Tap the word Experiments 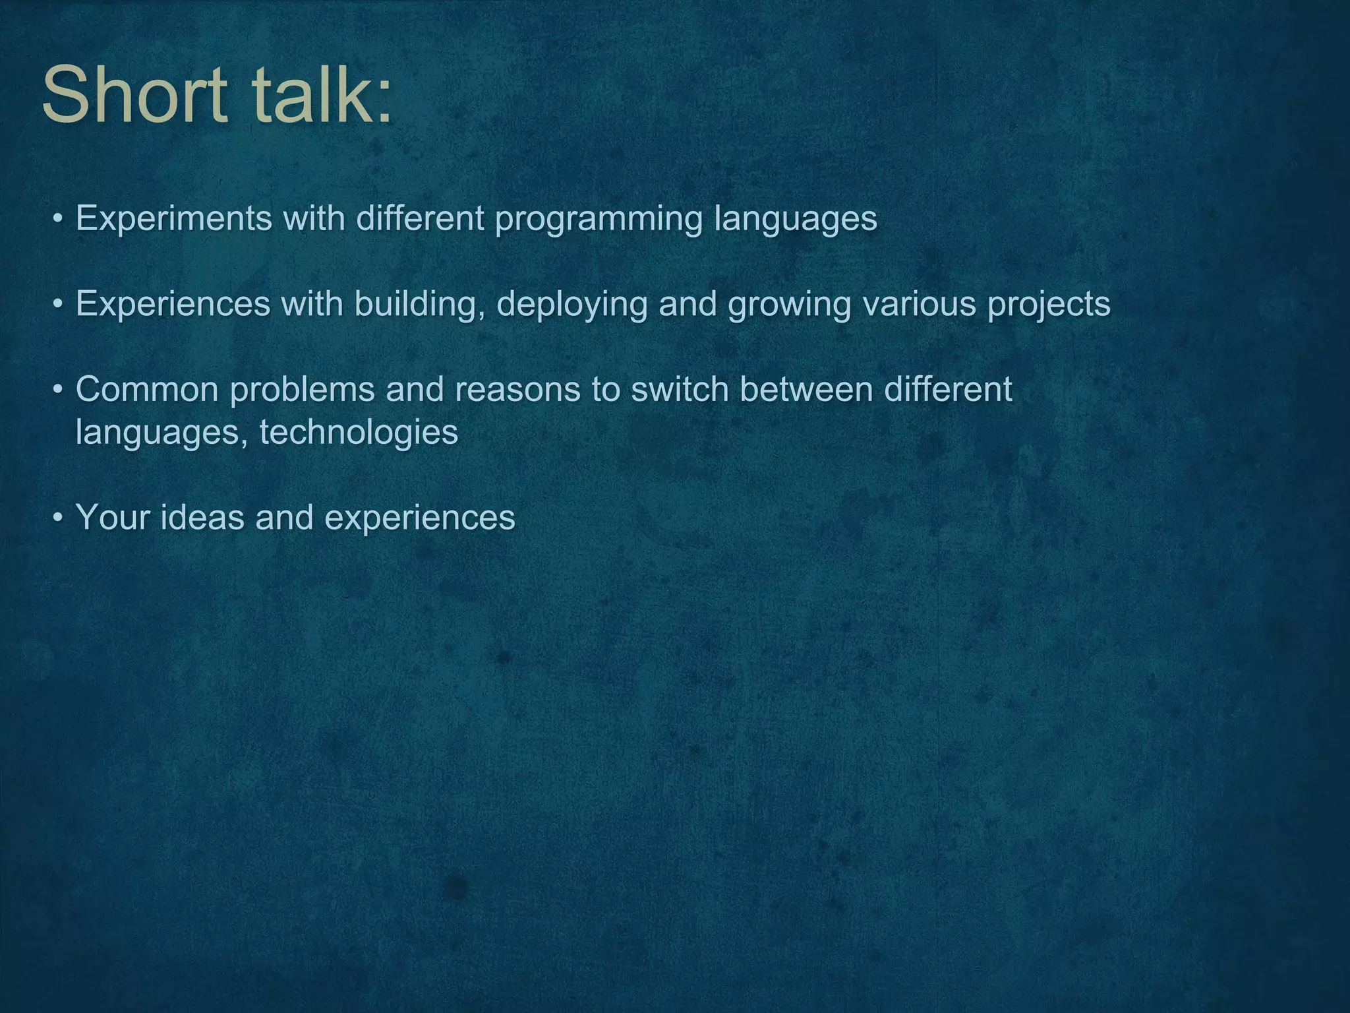[x=173, y=218]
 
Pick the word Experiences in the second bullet [x=173, y=304]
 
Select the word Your [x=113, y=518]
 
